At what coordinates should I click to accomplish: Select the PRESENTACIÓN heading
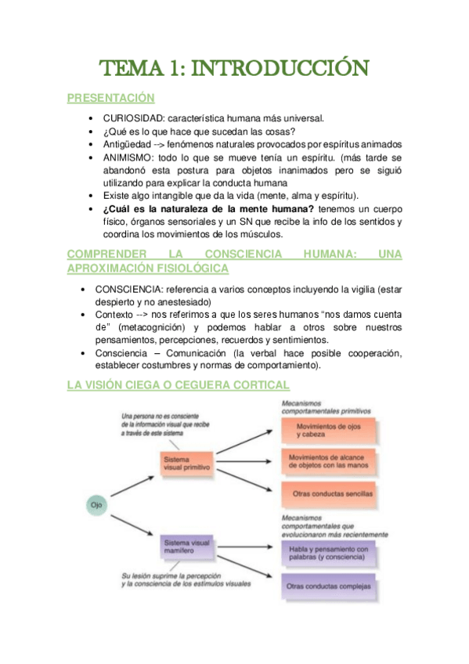[110, 99]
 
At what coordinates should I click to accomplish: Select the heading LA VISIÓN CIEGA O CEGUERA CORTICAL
[178, 384]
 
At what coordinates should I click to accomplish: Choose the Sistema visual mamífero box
[188, 546]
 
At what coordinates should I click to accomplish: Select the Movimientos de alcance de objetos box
[329, 462]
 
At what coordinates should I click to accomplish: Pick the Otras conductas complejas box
[329, 586]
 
